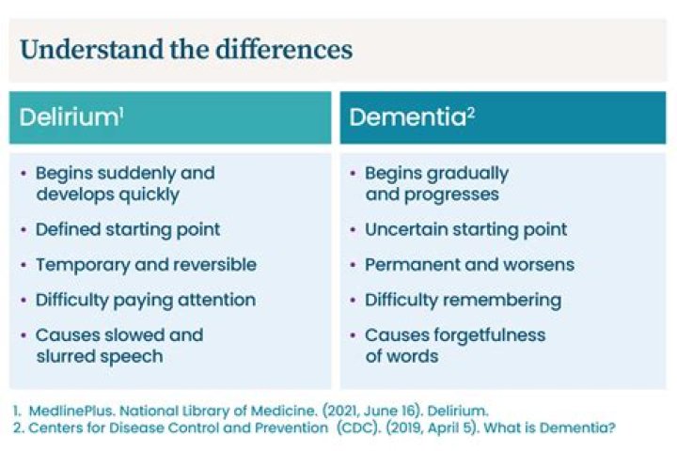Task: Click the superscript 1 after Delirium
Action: pos(121,111)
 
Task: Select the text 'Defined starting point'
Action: pos(128,229)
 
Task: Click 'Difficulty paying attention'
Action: pos(146,301)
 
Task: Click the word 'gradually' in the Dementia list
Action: pos(467,174)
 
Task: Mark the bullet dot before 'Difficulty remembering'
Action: pos(353,301)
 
